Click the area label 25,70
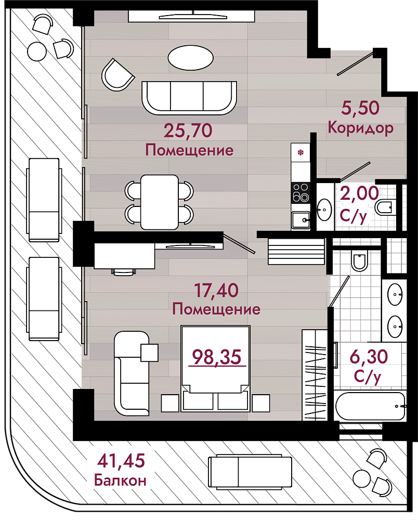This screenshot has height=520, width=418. pyautogui.click(x=188, y=131)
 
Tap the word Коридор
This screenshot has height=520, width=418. pyautogui.click(x=361, y=128)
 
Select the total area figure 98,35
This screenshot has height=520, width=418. pyautogui.click(x=217, y=357)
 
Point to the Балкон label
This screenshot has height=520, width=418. pyautogui.click(x=120, y=479)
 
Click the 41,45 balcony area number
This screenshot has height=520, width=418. pyautogui.click(x=121, y=461)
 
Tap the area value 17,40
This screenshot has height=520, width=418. pyautogui.click(x=216, y=290)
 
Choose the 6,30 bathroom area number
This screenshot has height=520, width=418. pyautogui.click(x=369, y=357)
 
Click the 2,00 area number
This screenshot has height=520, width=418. pyautogui.click(x=359, y=193)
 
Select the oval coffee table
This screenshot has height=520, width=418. pyautogui.click(x=191, y=57)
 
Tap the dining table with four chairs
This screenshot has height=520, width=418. pyautogui.click(x=160, y=202)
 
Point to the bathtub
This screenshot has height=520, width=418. pyautogui.click(x=370, y=407)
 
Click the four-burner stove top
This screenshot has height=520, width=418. pyautogui.click(x=301, y=193)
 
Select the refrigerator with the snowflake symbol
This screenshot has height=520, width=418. pyautogui.click(x=301, y=152)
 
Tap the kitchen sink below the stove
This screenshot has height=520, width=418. pyautogui.click(x=301, y=220)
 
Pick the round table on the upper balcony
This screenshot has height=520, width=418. pyautogui.click(x=36, y=51)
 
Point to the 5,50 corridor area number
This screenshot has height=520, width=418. pyautogui.click(x=360, y=109)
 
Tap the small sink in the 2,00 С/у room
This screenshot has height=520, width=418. pyautogui.click(x=324, y=210)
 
